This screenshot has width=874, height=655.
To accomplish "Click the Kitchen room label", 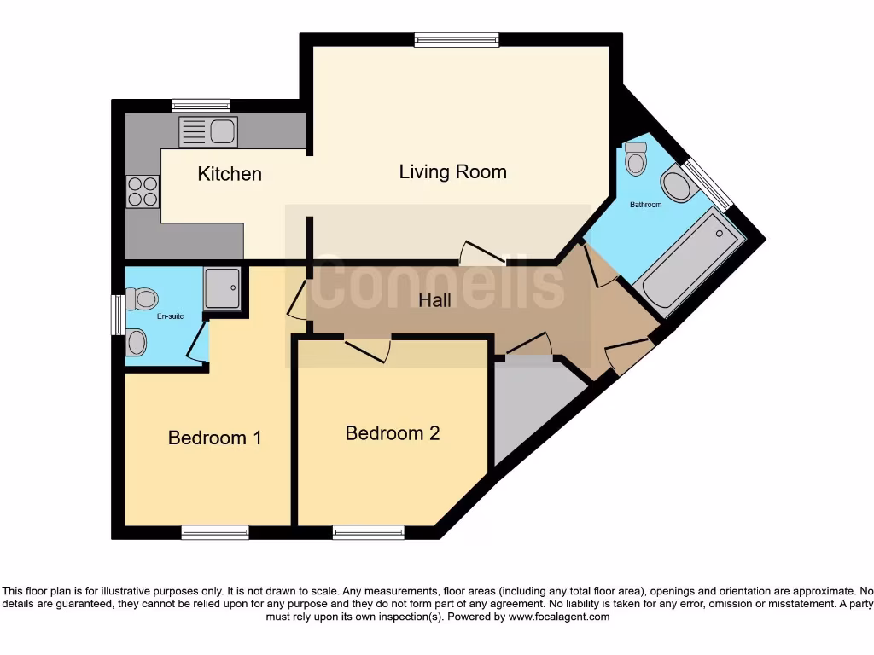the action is [x=230, y=174].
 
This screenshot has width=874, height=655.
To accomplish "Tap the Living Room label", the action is [x=452, y=171].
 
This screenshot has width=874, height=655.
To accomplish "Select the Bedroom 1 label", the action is [x=214, y=438].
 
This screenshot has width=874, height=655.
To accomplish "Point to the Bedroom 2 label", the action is [x=393, y=433].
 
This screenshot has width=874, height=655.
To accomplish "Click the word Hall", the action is [x=434, y=300].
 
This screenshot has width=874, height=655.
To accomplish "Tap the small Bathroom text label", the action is [x=645, y=205].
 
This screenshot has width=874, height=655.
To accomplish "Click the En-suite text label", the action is [x=170, y=316].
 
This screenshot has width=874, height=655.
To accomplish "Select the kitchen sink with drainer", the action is [x=208, y=131].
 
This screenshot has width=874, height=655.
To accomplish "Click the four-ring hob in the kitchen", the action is [x=143, y=191].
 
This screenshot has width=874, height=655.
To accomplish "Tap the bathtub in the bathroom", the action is [x=689, y=261].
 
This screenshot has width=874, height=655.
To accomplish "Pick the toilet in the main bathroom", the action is [x=636, y=159].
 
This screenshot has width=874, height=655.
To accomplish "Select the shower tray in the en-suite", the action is [x=223, y=288].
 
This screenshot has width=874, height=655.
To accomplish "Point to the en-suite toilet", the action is [x=142, y=299].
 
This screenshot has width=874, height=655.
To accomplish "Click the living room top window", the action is [x=457, y=39].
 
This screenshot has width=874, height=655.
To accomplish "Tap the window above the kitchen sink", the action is [x=201, y=106].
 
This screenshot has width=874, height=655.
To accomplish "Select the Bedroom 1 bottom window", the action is [x=215, y=532].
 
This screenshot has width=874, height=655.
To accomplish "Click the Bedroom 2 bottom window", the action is [x=369, y=532].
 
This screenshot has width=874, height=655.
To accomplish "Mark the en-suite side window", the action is [x=118, y=315].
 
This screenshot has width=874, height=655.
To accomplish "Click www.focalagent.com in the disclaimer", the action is [x=559, y=617].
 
